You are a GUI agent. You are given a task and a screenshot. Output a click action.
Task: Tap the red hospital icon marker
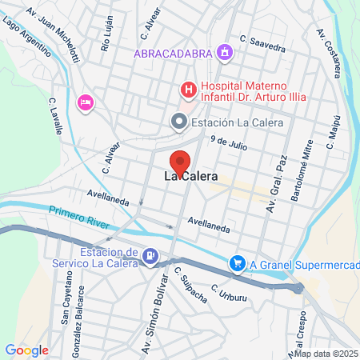tap(189, 89)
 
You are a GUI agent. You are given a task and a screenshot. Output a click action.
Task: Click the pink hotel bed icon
tap(85, 102)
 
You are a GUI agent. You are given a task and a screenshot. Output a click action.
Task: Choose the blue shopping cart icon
tap(237, 263)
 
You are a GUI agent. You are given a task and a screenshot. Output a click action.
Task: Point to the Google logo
tap(26, 350)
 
